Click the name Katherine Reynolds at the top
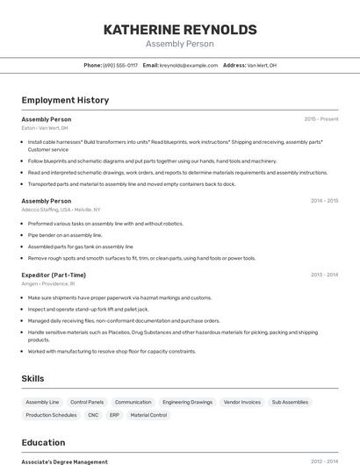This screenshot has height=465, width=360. pos(180,30)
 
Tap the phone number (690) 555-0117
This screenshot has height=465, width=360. pos(120,65)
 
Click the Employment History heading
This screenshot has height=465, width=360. pos(65,100)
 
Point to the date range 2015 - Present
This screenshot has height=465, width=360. pos(320,119)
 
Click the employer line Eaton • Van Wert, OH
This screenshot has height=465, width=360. pos(45,128)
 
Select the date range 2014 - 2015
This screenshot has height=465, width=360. pos(324,201)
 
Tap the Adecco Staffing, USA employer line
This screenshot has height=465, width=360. pos(61,210)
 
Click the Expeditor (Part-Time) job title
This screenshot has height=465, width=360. pos(54,275)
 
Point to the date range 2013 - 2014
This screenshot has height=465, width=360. pos(324,275)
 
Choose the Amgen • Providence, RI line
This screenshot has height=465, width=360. pos(48,283)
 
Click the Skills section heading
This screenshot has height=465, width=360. pos(33,378)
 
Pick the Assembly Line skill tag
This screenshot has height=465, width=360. pos(42,402)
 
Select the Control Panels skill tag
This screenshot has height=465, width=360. pos(87,402)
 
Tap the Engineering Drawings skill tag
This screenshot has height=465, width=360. pos(187,402)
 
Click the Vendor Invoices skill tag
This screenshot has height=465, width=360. pos(241,402)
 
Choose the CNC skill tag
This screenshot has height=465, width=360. pos(93,415)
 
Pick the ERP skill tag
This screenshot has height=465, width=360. pos(114,415)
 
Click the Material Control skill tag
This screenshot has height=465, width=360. pos(148,415)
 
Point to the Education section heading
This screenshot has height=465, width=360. pos(43,443)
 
